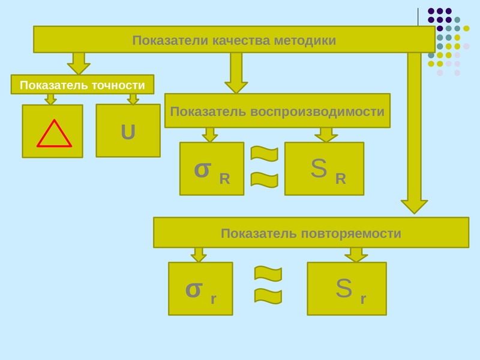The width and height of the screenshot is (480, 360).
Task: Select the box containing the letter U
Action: click(128, 131)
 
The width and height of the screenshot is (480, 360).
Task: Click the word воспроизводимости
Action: click(317, 112)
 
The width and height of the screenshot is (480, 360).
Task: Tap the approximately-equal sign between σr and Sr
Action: click(268, 284)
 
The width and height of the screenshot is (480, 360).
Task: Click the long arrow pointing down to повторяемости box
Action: click(414, 133)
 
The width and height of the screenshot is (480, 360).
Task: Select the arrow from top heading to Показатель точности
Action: click(79, 64)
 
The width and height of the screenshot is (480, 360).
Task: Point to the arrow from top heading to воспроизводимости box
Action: click(236, 73)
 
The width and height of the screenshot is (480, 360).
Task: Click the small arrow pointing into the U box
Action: click(133, 99)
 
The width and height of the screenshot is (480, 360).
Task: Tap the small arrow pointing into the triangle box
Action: click(50, 99)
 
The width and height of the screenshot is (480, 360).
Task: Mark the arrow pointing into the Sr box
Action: click(356, 254)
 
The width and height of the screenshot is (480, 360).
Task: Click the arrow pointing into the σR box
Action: click(210, 134)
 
